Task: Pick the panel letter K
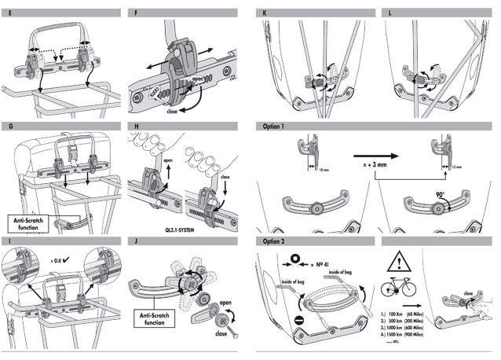pos(265,13)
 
